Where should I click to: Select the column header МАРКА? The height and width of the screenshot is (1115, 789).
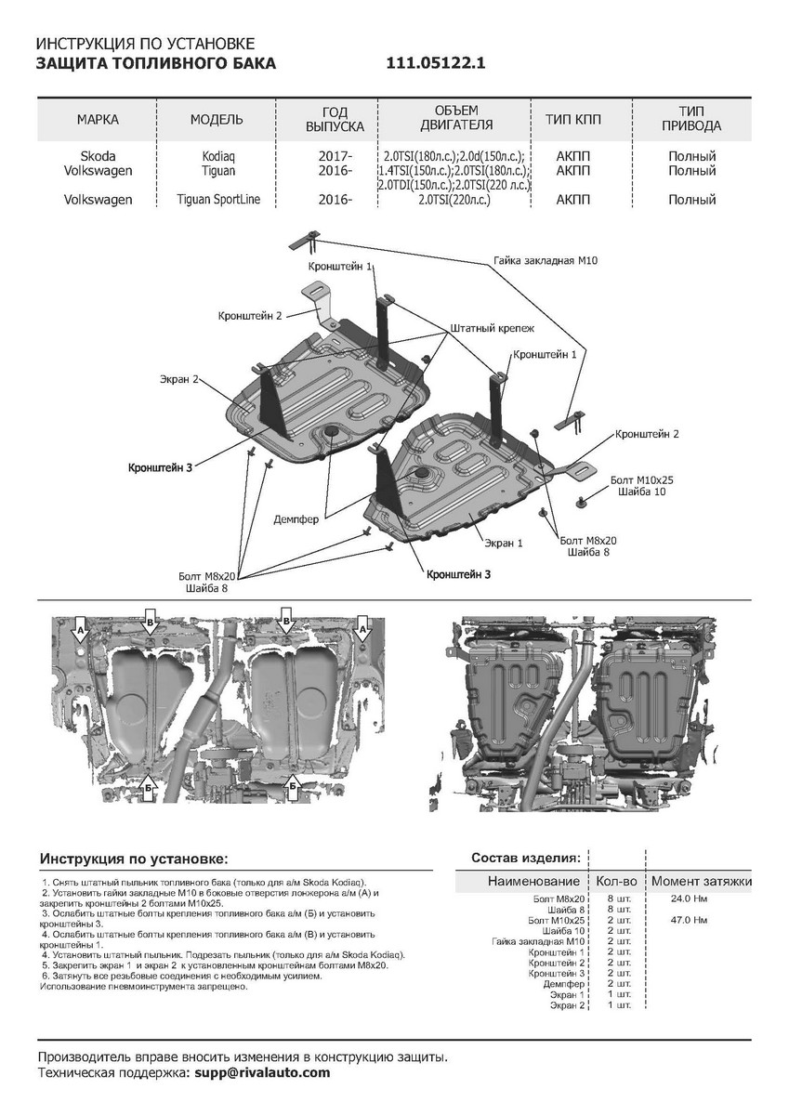(x=98, y=120)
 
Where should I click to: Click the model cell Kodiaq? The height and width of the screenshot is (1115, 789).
(x=218, y=156)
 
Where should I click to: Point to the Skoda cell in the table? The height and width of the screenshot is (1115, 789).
(x=98, y=156)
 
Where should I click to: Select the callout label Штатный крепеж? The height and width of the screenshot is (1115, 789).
(x=492, y=329)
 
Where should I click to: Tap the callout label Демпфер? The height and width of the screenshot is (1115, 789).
(x=296, y=519)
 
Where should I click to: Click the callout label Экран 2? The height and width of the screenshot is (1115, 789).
(x=178, y=379)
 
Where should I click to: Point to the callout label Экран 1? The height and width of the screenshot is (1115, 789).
(x=503, y=541)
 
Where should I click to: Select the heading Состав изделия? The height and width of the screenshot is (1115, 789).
(x=526, y=856)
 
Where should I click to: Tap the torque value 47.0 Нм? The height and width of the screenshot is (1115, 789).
(x=689, y=920)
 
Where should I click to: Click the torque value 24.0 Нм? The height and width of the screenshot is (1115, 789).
(x=689, y=899)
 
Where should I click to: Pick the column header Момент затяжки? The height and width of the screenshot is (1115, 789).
(x=701, y=881)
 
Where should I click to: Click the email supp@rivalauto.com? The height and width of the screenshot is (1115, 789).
(x=258, y=1072)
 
